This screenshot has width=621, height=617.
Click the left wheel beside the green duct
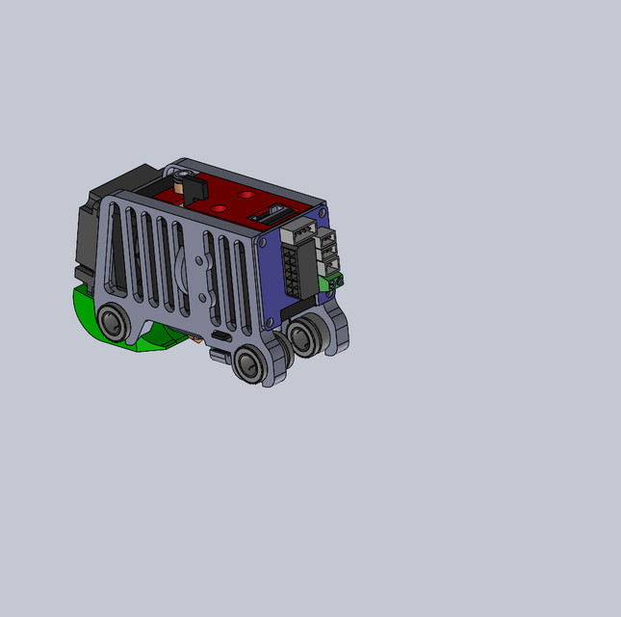click(114, 322)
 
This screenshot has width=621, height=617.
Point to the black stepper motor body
click(91, 231)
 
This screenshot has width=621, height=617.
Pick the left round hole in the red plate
click(220, 207)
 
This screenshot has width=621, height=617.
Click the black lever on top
click(191, 185)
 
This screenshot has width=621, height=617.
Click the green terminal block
click(334, 282)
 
